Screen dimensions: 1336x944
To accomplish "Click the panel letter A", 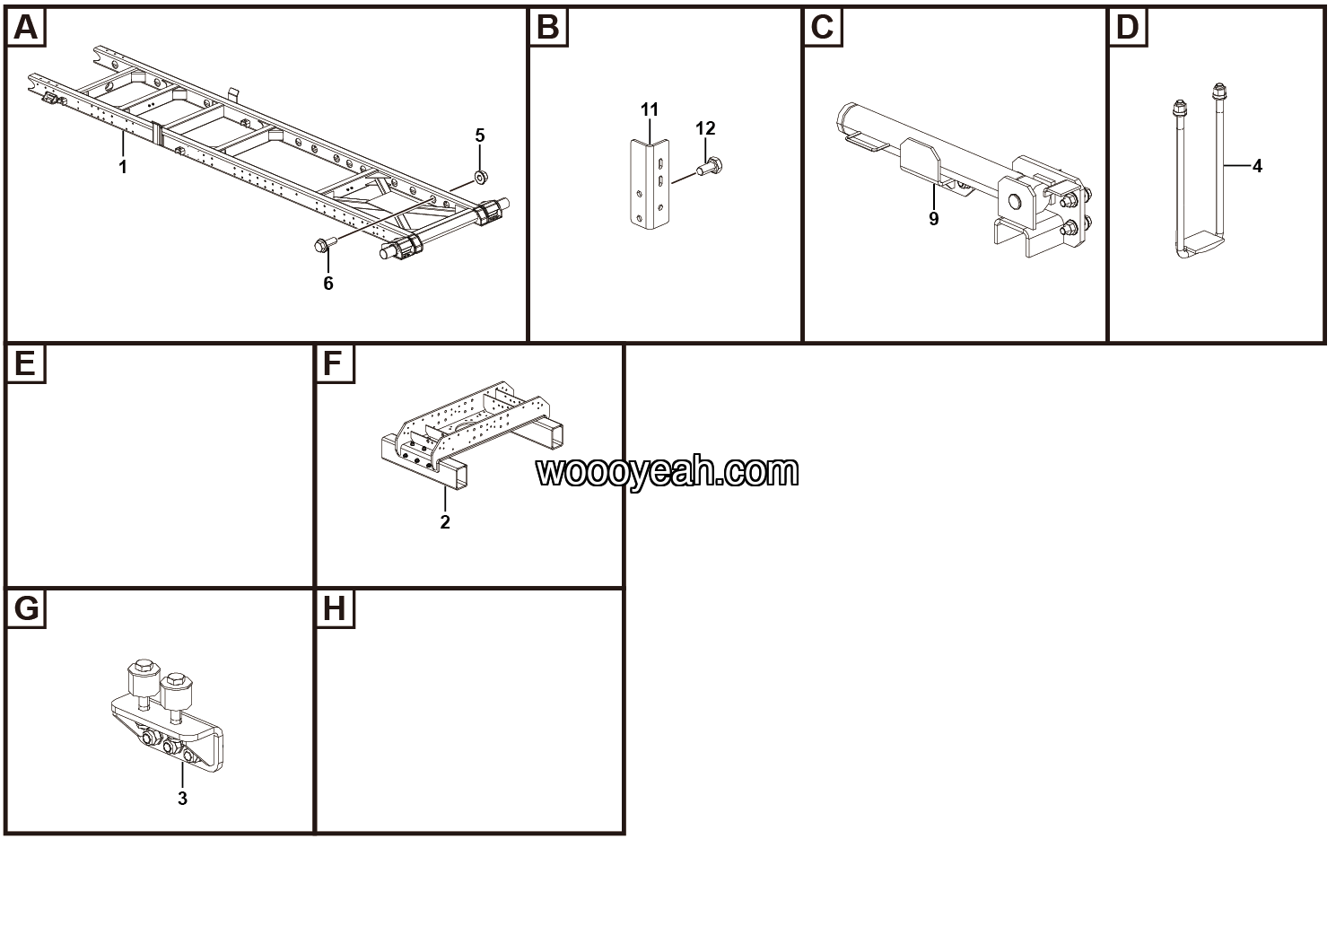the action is (x=26, y=28).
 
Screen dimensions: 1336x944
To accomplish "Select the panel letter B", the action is (x=548, y=28).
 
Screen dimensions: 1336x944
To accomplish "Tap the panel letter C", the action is (x=823, y=28).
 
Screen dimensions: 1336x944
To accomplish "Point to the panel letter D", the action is (x=1127, y=28).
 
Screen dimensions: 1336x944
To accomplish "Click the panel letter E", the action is (x=25, y=363).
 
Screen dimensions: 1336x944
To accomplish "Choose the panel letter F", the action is (x=333, y=363).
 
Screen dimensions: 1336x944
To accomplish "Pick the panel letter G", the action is (x=26, y=609).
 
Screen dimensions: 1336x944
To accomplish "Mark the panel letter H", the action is (x=334, y=609).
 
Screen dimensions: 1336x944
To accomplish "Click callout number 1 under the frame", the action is (x=123, y=167).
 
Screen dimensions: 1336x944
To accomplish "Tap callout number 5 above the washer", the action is (x=480, y=135).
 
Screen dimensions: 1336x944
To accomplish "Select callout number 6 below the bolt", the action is (x=328, y=284).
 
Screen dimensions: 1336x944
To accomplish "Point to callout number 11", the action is (x=650, y=109).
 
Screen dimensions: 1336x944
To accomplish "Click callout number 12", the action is (x=705, y=128).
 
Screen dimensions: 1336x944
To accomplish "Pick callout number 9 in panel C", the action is (x=934, y=219).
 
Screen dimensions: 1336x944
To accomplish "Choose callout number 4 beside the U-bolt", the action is (x=1257, y=166).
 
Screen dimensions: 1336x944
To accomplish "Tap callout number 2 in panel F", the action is (x=445, y=521).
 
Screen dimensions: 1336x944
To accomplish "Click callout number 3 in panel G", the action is (x=182, y=798).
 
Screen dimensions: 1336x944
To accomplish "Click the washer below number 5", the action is (x=481, y=177).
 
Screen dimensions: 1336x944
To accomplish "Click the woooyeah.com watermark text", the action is (x=668, y=471).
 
